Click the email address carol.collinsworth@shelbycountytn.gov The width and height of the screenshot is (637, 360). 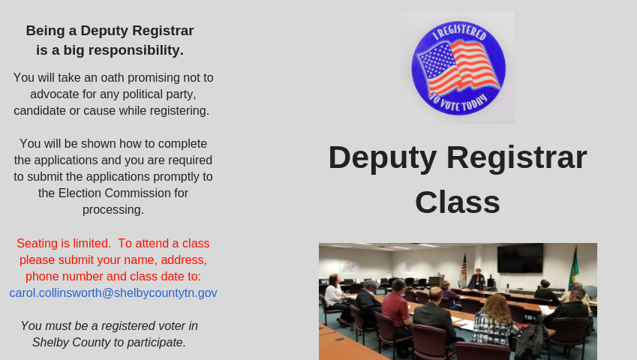pyautogui.click(x=113, y=293)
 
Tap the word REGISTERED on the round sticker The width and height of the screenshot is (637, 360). pyautogui.click(x=463, y=32)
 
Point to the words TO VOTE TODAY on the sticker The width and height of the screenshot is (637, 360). pyautogui.click(x=458, y=102)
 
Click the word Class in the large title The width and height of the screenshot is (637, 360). pyautogui.click(x=458, y=202)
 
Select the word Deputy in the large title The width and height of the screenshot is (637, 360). pyautogui.click(x=383, y=158)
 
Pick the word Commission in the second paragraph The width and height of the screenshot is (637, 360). pyautogui.click(x=140, y=193)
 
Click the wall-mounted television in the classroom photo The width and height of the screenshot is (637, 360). pyautogui.click(x=520, y=259)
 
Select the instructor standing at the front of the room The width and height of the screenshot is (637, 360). pyautogui.click(x=477, y=279)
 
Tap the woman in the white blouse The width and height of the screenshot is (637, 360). pyautogui.click(x=336, y=298)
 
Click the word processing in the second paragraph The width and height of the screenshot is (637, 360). pyautogui.click(x=113, y=210)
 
